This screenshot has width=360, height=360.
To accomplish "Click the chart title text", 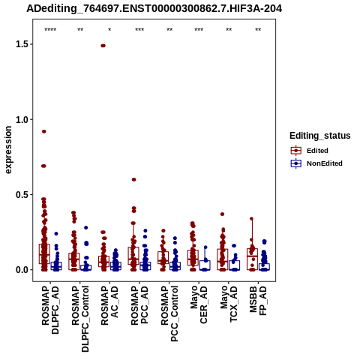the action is (x=154, y=9).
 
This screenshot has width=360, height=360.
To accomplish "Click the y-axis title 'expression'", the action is (x=8, y=150).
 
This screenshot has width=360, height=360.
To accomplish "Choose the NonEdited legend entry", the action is (x=316, y=163).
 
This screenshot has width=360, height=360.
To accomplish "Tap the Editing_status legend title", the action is (x=320, y=136).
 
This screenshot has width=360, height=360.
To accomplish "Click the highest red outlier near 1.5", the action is (x=103, y=46).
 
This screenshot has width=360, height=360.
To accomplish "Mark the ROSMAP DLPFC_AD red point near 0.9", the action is (x=44, y=131).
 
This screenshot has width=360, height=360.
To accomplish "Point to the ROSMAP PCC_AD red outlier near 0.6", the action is (x=133, y=179).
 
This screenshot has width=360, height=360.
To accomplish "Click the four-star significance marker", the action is (x=50, y=30).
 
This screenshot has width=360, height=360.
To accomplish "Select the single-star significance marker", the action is (x=109, y=30).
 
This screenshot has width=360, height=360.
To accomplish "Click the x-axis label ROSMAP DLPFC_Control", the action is (x=80, y=319).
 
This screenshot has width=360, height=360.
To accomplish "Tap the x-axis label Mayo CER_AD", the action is (x=199, y=304).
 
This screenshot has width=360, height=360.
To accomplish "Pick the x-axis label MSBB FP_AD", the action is (x=258, y=301).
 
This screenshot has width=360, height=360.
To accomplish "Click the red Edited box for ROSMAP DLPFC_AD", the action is (x=44, y=253).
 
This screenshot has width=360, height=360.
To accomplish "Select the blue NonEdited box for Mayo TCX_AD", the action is (x=235, y=265).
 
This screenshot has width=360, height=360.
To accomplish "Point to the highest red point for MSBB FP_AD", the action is (x=252, y=219).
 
